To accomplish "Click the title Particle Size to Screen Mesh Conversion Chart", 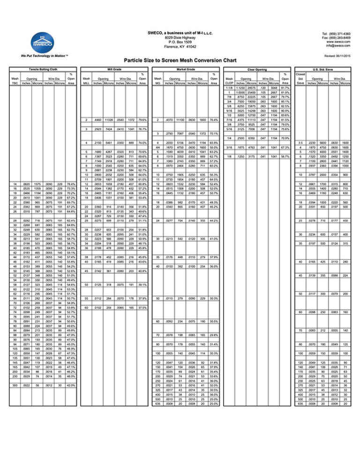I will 180,60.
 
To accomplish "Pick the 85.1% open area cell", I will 285,100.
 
